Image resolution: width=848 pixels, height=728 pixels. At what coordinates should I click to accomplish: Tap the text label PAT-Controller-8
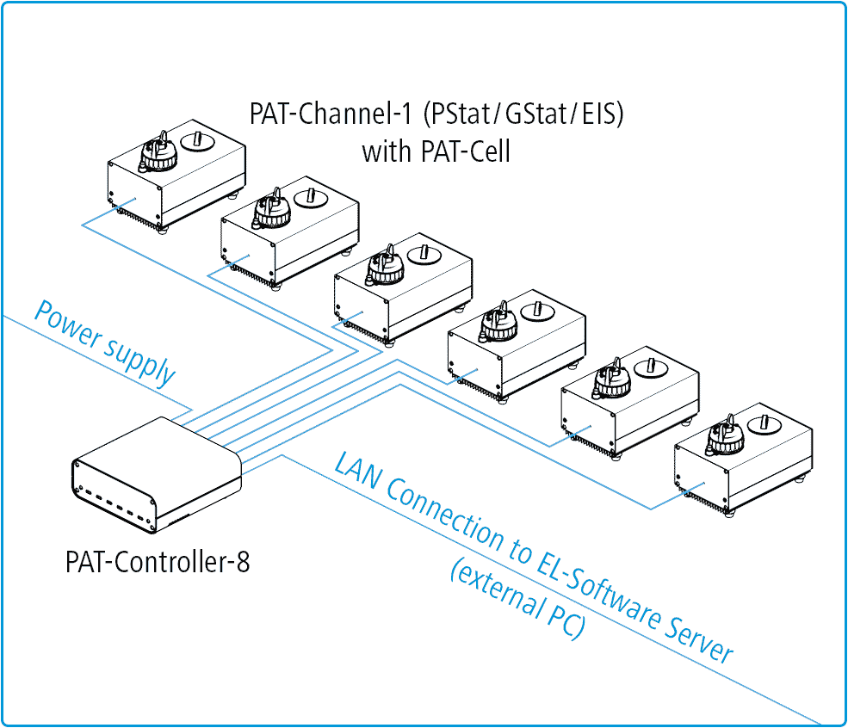click(158, 563)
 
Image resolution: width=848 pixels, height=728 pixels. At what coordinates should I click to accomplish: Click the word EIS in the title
click(599, 114)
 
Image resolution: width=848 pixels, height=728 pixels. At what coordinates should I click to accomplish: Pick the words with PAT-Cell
click(436, 152)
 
